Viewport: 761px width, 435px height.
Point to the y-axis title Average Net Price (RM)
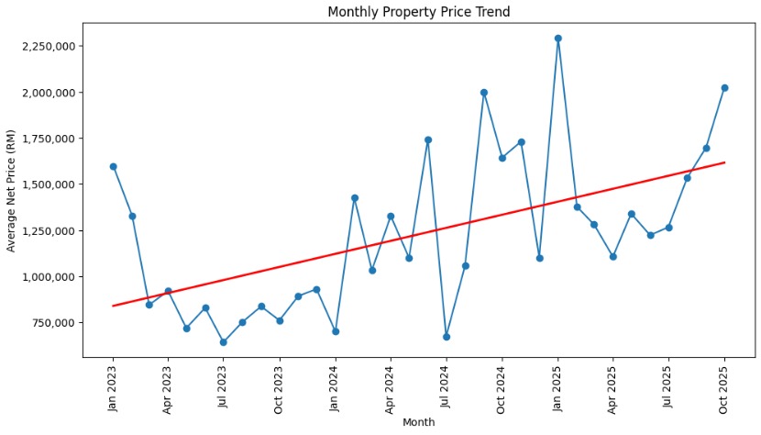pos(12,190)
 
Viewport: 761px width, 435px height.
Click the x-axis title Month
pos(418,422)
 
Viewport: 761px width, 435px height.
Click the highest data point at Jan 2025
pos(557,39)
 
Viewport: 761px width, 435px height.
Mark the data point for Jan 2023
pos(113,166)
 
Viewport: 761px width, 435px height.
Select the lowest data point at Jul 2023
pos(223,342)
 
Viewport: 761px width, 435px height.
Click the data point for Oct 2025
pos(724,88)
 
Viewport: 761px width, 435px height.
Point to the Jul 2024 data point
pos(447,337)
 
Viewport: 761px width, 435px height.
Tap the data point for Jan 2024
pos(336,331)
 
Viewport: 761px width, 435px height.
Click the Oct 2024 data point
pos(502,158)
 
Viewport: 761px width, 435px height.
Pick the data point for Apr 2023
pos(168,291)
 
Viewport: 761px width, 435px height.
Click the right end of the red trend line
pos(724,162)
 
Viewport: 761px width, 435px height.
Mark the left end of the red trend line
pos(113,306)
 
